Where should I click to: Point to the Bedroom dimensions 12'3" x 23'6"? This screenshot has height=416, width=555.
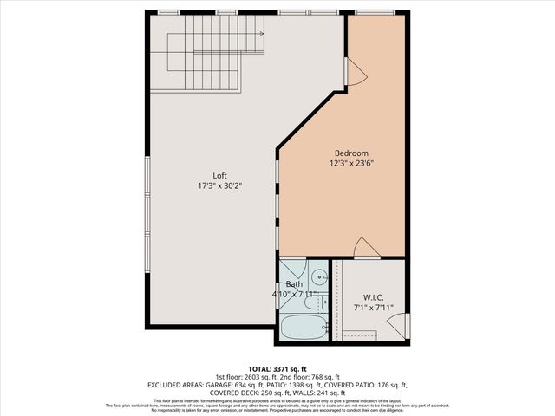click(x=351, y=163)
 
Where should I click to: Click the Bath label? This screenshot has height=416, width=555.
click(x=295, y=284)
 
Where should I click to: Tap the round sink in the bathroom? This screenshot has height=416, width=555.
click(x=318, y=278)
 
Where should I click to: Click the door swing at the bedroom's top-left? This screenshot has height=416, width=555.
click(x=356, y=75)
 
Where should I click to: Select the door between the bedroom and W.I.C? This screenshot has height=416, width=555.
click(x=367, y=249)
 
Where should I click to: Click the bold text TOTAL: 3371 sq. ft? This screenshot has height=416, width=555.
click(x=277, y=368)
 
